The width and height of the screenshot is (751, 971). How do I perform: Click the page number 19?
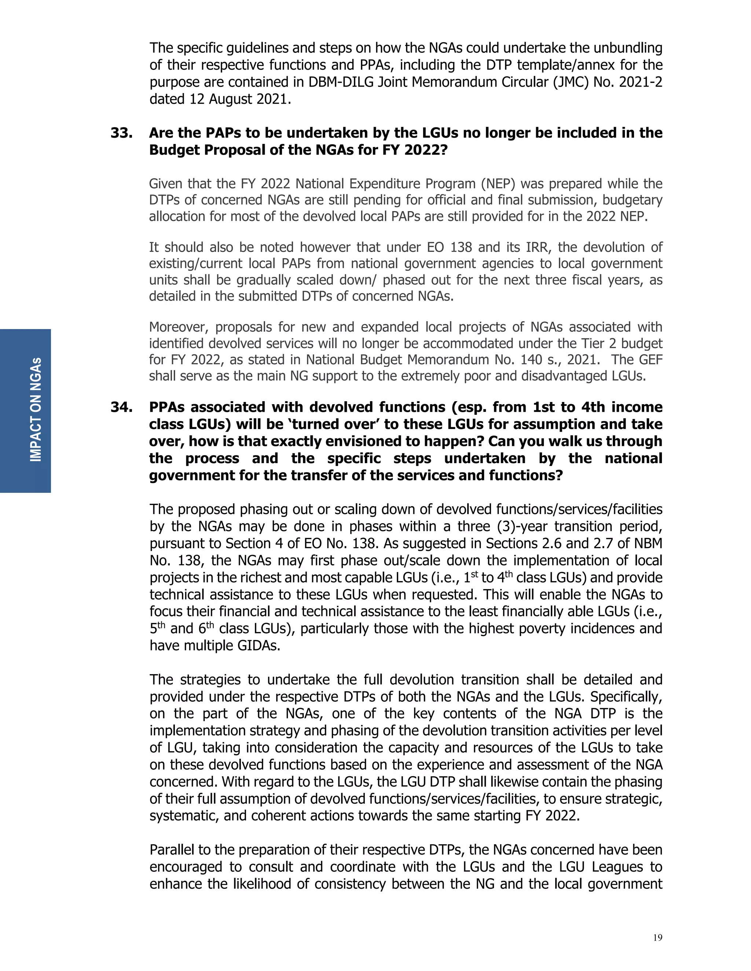pyautogui.click(x=657, y=938)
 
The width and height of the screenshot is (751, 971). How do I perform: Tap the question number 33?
pyautogui.click(x=121, y=133)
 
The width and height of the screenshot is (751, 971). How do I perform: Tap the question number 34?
pyautogui.click(x=121, y=407)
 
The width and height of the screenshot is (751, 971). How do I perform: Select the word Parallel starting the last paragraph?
pyautogui.click(x=172, y=850)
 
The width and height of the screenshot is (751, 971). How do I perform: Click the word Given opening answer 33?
pyautogui.click(x=165, y=184)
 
